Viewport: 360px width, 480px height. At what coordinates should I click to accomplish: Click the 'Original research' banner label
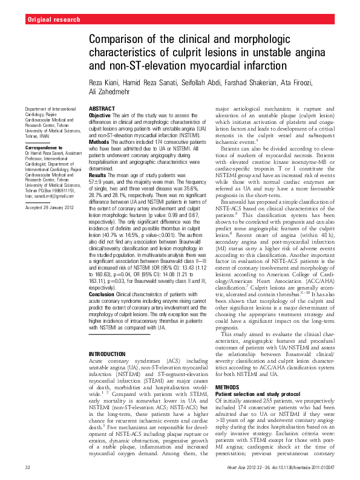54,20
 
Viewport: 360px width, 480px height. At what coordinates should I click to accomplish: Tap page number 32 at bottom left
28,469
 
